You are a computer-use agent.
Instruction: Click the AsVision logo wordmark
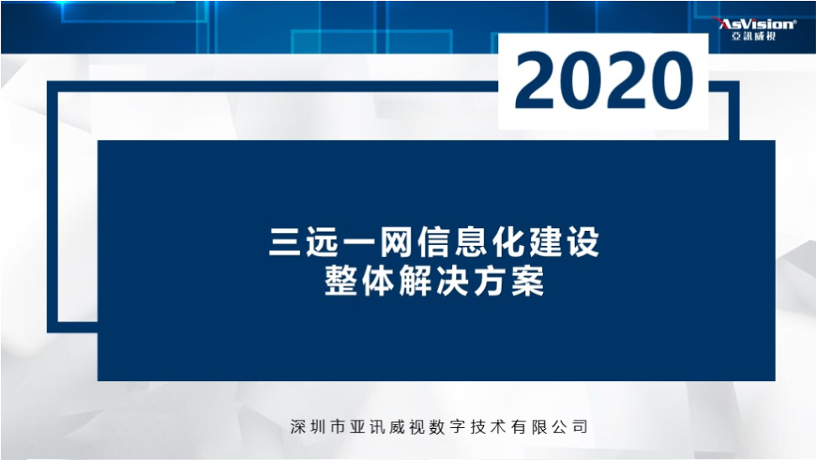(x=755, y=24)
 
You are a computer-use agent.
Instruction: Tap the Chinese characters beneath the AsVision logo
(x=754, y=37)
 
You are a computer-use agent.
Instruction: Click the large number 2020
(x=603, y=81)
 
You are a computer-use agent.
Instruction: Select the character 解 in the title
(x=416, y=281)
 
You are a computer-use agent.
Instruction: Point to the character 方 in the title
(x=490, y=281)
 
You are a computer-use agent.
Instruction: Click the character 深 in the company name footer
(x=298, y=426)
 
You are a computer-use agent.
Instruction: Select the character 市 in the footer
(x=339, y=426)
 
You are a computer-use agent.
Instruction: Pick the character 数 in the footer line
(x=438, y=426)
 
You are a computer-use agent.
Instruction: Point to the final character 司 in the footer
(x=580, y=426)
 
